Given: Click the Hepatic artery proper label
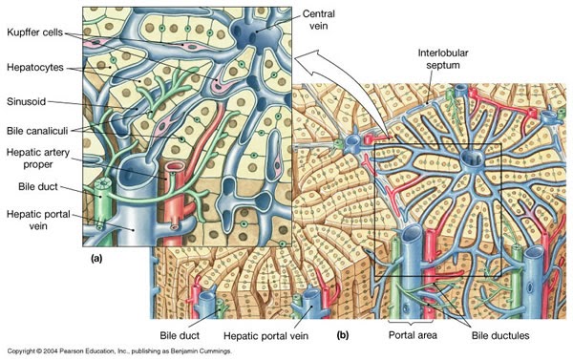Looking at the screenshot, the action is [37, 156].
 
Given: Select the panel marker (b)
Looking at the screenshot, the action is [343, 335].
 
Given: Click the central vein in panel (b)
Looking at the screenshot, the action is [470, 157].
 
